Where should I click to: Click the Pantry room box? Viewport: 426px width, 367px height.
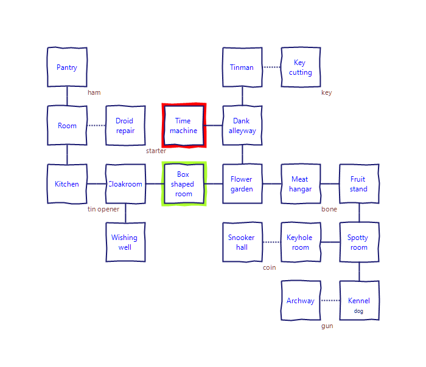67,67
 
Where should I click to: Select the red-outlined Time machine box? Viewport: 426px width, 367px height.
184,125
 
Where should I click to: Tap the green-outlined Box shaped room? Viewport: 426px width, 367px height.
184,184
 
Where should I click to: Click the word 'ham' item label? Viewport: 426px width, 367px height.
94,93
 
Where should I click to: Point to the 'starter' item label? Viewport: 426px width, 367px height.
156,151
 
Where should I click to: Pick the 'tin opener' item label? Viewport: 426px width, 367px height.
103,210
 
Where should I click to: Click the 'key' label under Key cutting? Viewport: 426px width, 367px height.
327,93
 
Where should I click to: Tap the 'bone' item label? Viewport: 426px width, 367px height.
329,209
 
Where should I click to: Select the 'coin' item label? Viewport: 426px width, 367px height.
269,268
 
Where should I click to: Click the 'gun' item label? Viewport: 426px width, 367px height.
327,326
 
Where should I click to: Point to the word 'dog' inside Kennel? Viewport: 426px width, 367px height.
358,311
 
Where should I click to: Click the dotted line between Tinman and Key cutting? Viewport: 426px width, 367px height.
271,67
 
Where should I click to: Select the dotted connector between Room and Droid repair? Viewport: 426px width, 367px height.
96,125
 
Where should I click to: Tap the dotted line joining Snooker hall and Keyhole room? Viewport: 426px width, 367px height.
271,242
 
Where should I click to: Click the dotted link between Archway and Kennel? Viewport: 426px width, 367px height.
330,300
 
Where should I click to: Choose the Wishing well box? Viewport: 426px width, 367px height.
125,242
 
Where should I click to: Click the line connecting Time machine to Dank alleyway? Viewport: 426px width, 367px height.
213,125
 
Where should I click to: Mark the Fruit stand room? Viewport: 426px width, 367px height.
359,184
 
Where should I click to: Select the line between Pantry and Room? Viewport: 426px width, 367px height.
67,96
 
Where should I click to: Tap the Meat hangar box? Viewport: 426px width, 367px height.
301,184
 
